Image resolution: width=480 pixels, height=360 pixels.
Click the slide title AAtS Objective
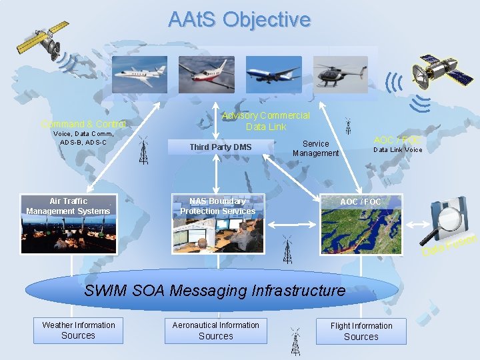tap(239, 19)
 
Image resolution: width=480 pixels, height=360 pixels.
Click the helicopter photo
tap(341, 75)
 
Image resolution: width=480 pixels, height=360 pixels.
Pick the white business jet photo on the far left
tap(139, 75)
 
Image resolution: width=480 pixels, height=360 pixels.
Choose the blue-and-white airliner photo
tap(273, 75)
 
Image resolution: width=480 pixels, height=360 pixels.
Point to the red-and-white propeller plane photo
tap(206, 75)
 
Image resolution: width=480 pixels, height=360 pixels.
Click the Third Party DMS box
tap(220, 147)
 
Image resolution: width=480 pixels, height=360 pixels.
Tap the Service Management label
tap(315, 148)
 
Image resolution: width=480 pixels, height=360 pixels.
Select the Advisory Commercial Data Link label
tap(265, 121)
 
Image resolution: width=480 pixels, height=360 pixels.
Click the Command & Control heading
tap(83, 124)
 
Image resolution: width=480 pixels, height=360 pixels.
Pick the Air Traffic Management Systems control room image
tap(69, 224)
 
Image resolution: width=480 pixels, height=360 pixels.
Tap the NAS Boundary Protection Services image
tap(217, 224)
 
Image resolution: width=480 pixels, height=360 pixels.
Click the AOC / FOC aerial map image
tap(361, 224)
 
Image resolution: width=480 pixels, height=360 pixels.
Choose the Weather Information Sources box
tap(79, 331)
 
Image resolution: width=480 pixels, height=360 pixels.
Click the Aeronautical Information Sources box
tap(215, 331)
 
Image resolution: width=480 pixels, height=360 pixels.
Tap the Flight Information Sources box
tap(361, 331)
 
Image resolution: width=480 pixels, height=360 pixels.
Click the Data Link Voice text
tap(397, 150)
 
